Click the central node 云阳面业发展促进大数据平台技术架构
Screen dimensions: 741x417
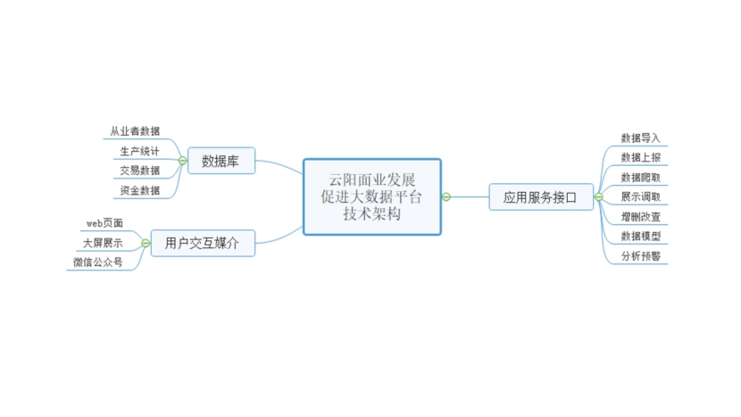tap(372, 196)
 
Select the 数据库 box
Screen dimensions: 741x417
tap(221, 161)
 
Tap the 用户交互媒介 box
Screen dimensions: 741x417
tap(203, 243)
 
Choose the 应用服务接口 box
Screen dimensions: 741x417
tap(541, 196)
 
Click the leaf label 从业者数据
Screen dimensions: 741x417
tap(135, 131)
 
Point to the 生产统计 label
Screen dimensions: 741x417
tap(139, 151)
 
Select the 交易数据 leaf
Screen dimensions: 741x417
tap(139, 171)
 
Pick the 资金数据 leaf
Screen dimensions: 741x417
tap(139, 190)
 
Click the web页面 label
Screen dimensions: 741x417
tap(104, 223)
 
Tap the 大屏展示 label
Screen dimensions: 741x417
tap(103, 243)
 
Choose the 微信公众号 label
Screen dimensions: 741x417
tap(98, 263)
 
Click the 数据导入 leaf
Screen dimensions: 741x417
tap(640, 138)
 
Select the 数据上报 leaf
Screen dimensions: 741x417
tap(640, 157)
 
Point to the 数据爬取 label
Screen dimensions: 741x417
tap(640, 178)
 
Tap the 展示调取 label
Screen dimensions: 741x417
tap(640, 196)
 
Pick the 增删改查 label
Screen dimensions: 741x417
tap(640, 217)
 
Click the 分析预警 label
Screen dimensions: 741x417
tap(640, 256)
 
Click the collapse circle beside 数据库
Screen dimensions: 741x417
tap(182, 161)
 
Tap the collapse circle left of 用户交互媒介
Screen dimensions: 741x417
tap(146, 243)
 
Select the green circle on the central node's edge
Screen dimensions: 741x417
tap(446, 196)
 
